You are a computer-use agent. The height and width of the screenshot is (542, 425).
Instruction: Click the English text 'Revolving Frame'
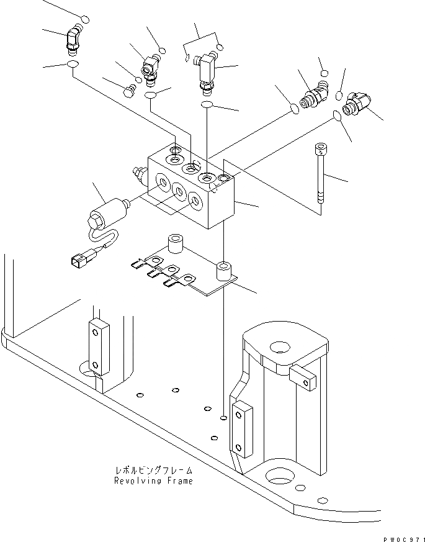[x=153, y=481]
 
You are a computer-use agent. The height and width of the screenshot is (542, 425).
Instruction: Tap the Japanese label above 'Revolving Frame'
[x=153, y=471]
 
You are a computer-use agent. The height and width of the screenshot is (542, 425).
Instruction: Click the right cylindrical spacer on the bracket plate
[x=223, y=271]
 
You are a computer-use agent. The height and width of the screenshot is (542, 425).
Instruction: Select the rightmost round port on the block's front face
[x=195, y=200]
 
